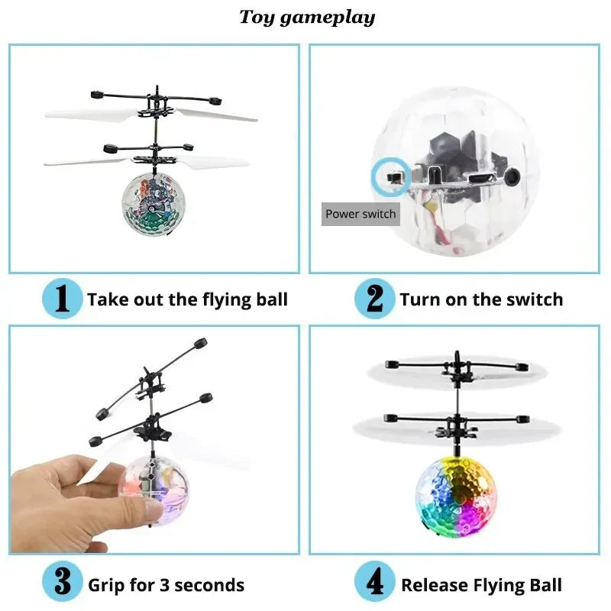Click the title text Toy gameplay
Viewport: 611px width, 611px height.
[307, 17]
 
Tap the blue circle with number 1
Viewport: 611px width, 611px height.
[62, 299]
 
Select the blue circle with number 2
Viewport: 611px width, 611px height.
[374, 299]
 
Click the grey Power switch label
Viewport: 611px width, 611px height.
[360, 214]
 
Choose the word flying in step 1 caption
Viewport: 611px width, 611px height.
[221, 299]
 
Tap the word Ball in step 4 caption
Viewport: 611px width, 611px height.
[545, 586]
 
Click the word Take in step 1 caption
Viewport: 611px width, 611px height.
[106, 299]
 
